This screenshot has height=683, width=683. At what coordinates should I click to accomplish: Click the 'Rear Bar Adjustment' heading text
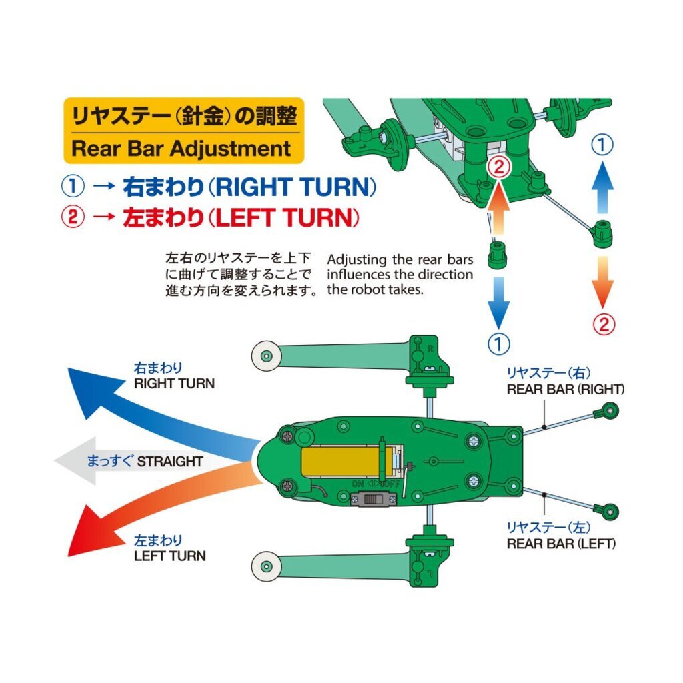pyautogui.click(x=181, y=149)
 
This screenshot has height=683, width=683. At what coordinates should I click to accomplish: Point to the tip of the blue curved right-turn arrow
pyautogui.click(x=69, y=368)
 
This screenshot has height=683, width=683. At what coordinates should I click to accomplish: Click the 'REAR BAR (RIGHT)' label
pyautogui.click(x=566, y=390)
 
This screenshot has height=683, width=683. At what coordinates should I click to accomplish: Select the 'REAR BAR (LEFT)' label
pyautogui.click(x=561, y=544)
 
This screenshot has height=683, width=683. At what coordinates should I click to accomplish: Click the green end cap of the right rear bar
pyautogui.click(x=607, y=411)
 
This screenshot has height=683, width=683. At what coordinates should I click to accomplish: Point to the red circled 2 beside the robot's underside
pyautogui.click(x=498, y=167)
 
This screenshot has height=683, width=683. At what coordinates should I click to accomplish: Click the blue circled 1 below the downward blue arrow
pyautogui.click(x=498, y=344)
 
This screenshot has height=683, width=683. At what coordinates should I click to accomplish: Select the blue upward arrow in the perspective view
pyautogui.click(x=602, y=188)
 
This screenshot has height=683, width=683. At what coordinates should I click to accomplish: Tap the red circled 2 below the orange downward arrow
pyautogui.click(x=603, y=325)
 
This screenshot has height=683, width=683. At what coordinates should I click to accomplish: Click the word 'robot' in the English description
pyautogui.click(x=362, y=290)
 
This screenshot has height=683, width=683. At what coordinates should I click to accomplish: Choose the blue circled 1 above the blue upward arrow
pyautogui.click(x=602, y=145)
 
